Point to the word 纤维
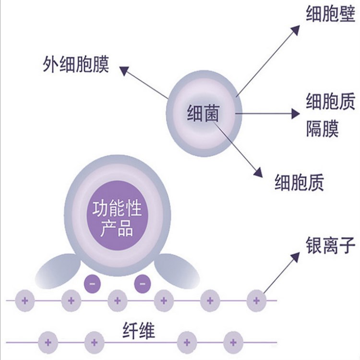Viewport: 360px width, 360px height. click(138, 330)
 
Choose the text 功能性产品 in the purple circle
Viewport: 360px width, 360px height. click(116, 219)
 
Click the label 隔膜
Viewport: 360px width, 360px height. click(323, 129)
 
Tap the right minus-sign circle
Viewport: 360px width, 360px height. click(143, 283)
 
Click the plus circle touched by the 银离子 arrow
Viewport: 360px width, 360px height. click(256, 301)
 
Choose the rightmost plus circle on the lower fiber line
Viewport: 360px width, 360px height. click(233, 342)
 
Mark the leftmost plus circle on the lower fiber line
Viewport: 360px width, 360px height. click(48, 342)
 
